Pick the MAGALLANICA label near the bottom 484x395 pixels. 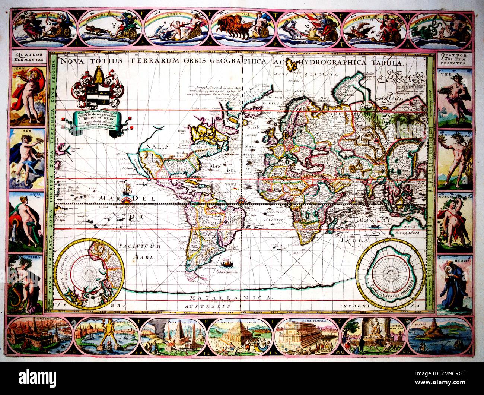pyautogui.click(x=231, y=298)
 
